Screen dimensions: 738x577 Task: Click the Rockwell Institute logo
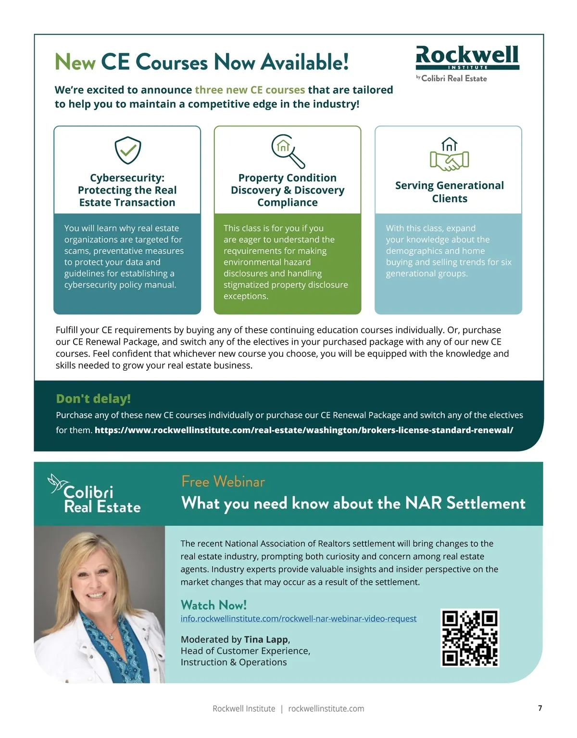(467, 58)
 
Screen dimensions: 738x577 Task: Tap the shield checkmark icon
(127, 150)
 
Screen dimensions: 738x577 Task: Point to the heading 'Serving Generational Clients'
(449, 192)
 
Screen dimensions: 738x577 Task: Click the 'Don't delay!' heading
(93, 399)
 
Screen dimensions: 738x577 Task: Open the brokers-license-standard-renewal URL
(303, 430)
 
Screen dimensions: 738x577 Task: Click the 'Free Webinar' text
(223, 481)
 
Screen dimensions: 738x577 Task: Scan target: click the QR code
(470, 638)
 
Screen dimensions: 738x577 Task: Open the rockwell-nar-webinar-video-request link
(298, 618)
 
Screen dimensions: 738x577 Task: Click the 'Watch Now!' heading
(213, 605)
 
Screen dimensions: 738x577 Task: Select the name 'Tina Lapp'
(266, 639)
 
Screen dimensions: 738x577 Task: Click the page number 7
(540, 708)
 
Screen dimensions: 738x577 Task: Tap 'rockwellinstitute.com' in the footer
(326, 709)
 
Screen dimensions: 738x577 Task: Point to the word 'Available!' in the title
(305, 63)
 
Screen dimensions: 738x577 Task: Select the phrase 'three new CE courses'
(250, 90)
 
